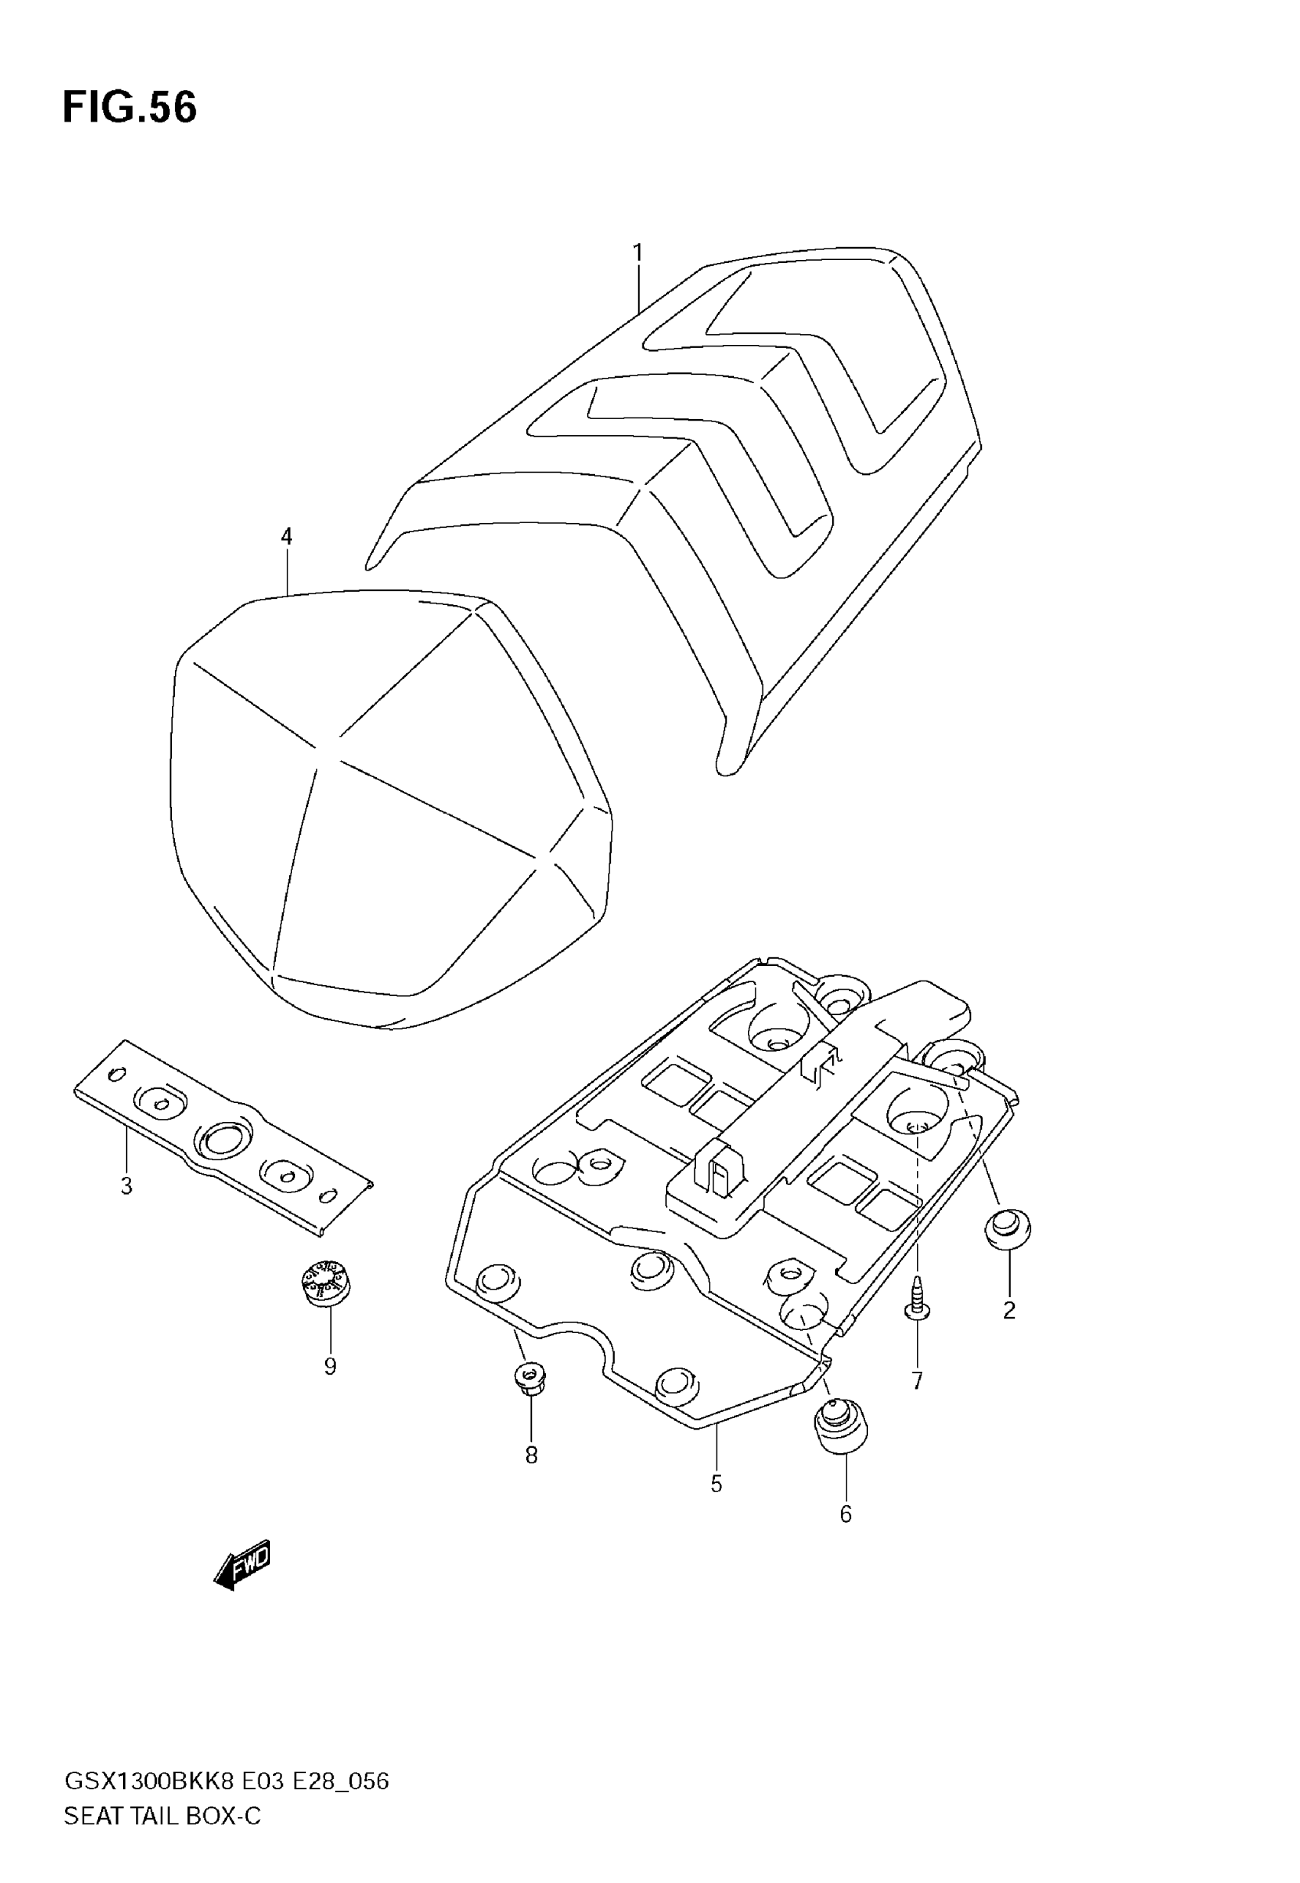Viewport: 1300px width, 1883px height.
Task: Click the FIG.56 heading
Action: pyautogui.click(x=129, y=108)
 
